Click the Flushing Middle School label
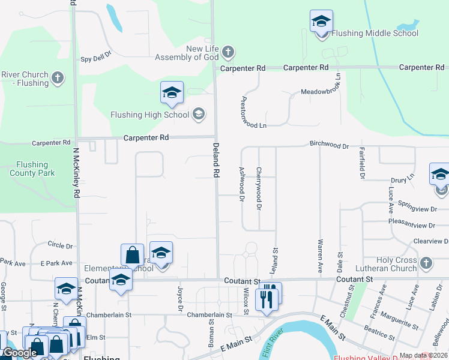375,34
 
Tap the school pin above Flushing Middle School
321,22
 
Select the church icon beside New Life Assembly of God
228,52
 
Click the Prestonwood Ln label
253,112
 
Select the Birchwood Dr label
329,145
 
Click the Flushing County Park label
32,169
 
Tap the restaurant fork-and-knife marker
268,296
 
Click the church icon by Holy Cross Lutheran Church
426,263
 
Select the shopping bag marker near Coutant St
132,255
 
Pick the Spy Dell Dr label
96,58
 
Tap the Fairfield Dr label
362,163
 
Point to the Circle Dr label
60,245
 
